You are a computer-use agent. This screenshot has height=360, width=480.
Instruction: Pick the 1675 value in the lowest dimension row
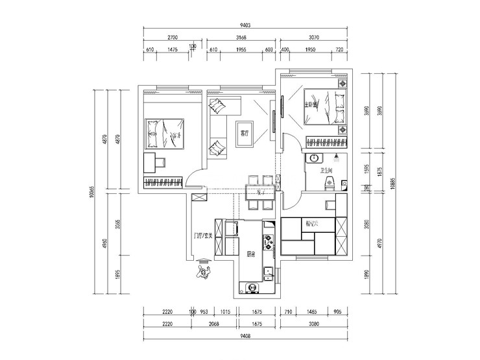point(256,323)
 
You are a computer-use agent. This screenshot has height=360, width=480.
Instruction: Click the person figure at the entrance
point(202,270)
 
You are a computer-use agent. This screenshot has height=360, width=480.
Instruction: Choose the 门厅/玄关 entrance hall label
point(203,235)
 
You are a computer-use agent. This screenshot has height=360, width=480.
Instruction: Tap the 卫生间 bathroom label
point(326,171)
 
